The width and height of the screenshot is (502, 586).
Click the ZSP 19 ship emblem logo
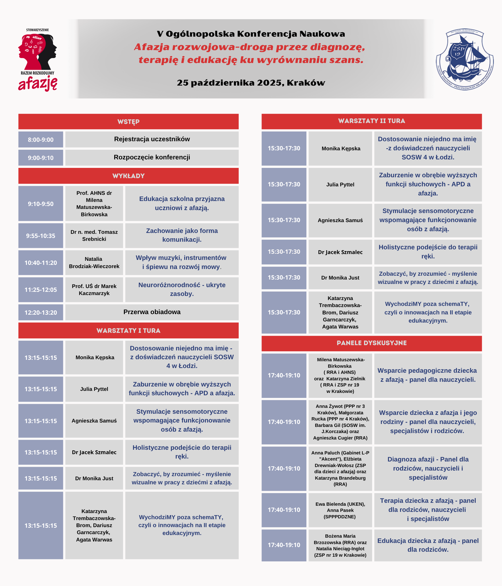click(x=465, y=59)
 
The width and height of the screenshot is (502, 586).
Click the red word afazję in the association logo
click(x=38, y=84)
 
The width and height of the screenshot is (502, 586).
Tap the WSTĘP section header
click(x=128, y=122)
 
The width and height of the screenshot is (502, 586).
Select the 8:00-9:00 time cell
click(x=41, y=140)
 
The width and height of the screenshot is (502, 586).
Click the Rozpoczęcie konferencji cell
click(x=152, y=157)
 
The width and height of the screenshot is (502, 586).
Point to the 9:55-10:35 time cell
click(x=41, y=236)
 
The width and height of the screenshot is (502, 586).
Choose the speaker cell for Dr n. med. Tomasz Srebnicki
click(x=94, y=236)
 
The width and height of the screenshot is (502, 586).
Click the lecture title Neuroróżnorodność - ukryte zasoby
click(x=182, y=289)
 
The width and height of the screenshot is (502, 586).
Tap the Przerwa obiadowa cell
click(x=152, y=312)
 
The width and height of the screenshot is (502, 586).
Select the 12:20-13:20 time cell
click(x=41, y=313)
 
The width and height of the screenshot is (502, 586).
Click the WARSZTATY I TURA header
click(x=128, y=331)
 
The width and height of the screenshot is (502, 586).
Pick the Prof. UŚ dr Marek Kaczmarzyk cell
click(x=94, y=290)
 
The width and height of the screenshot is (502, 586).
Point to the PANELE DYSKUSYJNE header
click(x=371, y=343)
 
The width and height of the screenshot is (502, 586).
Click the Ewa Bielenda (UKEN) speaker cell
click(x=340, y=510)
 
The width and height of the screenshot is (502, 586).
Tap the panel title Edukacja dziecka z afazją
click(x=428, y=545)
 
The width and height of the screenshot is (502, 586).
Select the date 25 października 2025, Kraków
click(x=251, y=83)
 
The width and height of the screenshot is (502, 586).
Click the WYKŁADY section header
click(x=128, y=176)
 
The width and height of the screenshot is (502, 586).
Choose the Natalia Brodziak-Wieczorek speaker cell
click(x=94, y=263)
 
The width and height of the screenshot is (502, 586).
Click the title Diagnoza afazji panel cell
click(x=428, y=468)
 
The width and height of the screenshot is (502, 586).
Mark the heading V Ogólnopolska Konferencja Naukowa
click(x=251, y=34)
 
